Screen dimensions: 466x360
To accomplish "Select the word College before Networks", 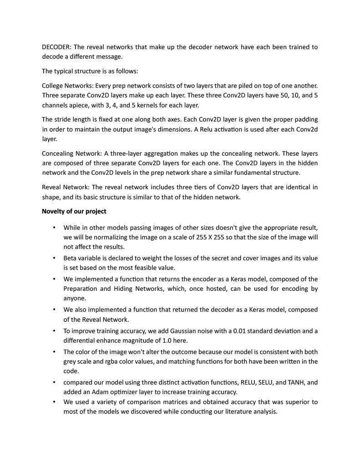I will (53, 86).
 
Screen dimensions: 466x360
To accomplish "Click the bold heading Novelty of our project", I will (74, 211).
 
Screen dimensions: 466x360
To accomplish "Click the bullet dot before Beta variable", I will (55, 258).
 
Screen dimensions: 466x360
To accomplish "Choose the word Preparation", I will (81, 289).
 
